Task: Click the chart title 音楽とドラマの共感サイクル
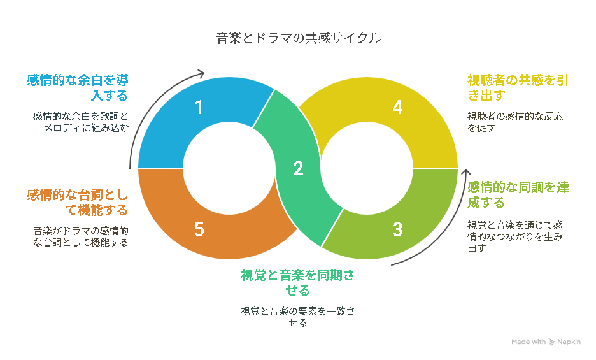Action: coord(299,38)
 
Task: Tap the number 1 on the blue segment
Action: coord(199,107)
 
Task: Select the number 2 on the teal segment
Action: coord(298,169)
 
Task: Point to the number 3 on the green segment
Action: coord(397,229)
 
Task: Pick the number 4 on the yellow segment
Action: coord(397,107)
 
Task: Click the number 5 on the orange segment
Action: coord(199,229)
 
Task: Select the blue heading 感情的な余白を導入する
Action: coord(78,87)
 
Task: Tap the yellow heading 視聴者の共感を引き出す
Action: coord(518,87)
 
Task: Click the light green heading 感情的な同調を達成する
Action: coord(518,194)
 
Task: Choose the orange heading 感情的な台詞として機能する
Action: coord(78,203)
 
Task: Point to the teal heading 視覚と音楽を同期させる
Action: coord(297,282)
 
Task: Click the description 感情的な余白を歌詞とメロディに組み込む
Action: coord(81,122)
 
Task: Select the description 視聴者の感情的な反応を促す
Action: coord(515,122)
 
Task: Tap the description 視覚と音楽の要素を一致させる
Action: coord(297,317)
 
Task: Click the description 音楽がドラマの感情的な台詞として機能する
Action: coord(81,236)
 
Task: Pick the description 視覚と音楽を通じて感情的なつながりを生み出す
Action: coord(515,236)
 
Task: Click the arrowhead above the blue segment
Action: coord(201,73)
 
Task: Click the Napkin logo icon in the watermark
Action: coord(551,342)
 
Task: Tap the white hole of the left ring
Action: coord(229,168)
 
